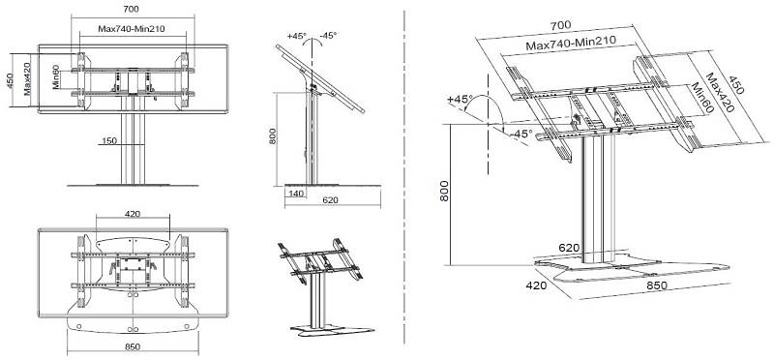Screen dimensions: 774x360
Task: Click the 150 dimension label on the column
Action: tap(109, 140)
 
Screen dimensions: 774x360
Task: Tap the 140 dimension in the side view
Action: tap(296, 194)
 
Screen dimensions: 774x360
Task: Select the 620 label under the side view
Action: tap(331, 200)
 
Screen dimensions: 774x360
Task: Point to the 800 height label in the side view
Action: tap(272, 136)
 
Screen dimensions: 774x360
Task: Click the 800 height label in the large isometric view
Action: tap(444, 191)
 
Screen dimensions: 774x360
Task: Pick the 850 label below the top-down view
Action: tap(133, 346)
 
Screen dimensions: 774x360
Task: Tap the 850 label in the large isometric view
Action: tap(657, 285)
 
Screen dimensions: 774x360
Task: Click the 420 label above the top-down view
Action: tap(133, 214)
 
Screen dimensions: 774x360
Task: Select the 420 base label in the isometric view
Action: tap(536, 285)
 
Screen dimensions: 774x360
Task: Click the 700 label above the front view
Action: tap(133, 9)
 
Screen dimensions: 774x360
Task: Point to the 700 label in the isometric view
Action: tap(560, 25)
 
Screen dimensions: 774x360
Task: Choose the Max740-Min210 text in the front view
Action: tap(132, 29)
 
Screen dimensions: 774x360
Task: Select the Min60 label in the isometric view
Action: tap(700, 99)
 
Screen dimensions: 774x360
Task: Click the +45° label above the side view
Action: tap(297, 36)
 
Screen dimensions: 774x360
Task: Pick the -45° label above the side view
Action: tap(328, 36)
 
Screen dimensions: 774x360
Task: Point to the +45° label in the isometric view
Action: tap(461, 99)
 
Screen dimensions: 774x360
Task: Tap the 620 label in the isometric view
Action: tap(569, 248)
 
